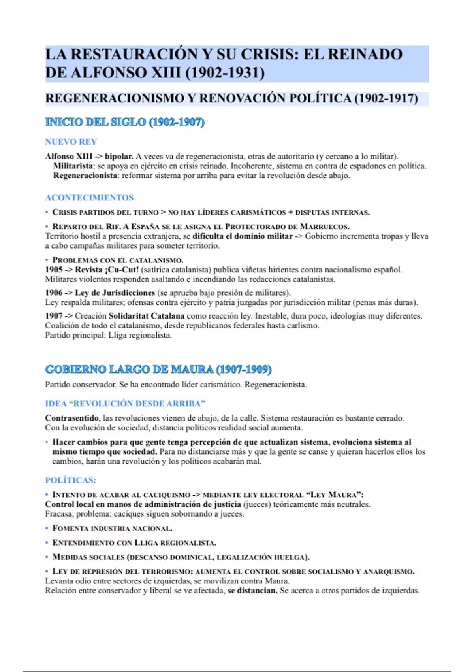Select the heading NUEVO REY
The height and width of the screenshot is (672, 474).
click(71, 142)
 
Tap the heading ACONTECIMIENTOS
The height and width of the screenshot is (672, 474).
click(89, 198)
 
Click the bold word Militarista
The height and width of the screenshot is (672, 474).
click(73, 166)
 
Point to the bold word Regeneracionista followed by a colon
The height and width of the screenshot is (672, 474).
click(85, 176)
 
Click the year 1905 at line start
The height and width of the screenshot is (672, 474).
click(54, 270)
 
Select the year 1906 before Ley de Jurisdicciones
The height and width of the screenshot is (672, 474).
click(54, 293)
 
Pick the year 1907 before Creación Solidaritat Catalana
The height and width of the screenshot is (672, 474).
click(54, 316)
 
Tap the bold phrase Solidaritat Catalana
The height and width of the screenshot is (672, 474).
click(147, 316)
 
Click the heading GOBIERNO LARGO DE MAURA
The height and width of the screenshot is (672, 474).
click(158, 370)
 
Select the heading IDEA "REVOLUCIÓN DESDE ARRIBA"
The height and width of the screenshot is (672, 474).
click(125, 404)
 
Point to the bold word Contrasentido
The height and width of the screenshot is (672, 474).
click(72, 418)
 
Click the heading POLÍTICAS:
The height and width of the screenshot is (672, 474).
click(71, 480)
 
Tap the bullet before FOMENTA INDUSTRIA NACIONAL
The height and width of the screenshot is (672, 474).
click(47, 528)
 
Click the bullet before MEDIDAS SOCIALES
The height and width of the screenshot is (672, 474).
click(47, 557)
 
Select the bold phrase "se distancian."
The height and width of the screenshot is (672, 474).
click(253, 591)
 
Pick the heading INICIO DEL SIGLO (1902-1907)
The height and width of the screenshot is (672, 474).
click(125, 122)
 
